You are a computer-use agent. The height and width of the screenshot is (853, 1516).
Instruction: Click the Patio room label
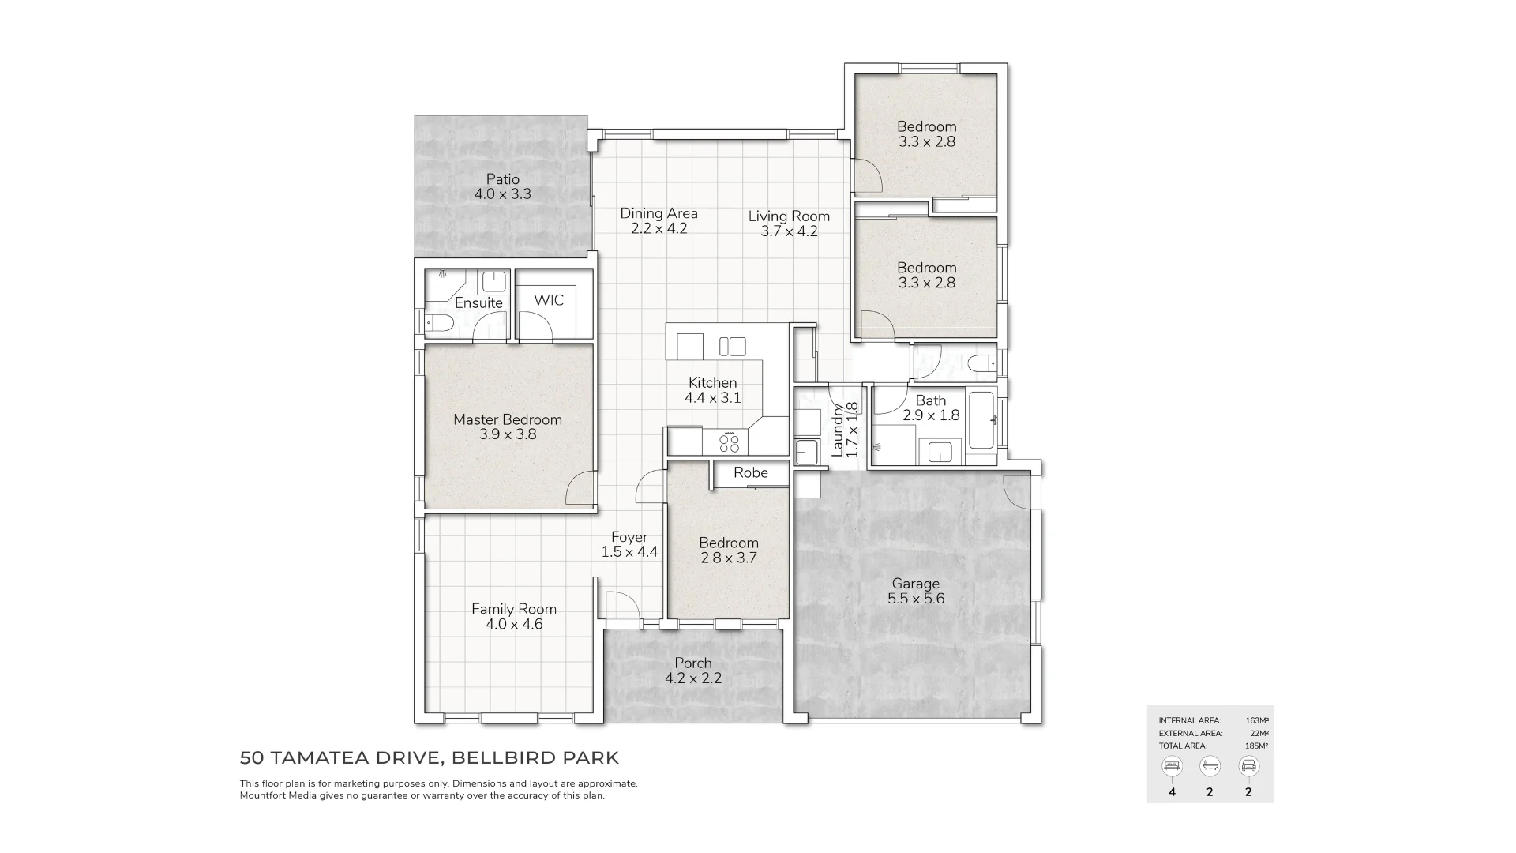pyautogui.click(x=502, y=179)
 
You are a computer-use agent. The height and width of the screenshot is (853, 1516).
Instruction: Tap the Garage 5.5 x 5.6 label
pyautogui.click(x=915, y=591)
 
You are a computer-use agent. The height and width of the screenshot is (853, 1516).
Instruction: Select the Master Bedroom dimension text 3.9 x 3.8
pyautogui.click(x=507, y=434)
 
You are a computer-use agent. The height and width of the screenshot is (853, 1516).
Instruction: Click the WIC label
pyautogui.click(x=549, y=300)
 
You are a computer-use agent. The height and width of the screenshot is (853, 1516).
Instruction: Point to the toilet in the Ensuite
pyautogui.click(x=439, y=322)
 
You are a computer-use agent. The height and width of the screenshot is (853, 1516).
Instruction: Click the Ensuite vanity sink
pyautogui.click(x=493, y=281)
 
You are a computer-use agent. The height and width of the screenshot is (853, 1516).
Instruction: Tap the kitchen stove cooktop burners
pyautogui.click(x=730, y=442)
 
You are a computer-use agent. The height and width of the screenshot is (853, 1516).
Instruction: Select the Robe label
pyautogui.click(x=750, y=472)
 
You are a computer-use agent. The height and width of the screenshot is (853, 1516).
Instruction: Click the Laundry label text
pyautogui.click(x=838, y=430)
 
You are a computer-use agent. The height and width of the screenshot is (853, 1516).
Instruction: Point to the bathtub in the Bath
pyautogui.click(x=981, y=420)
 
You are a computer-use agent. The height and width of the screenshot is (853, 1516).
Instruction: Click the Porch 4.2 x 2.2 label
pyautogui.click(x=692, y=671)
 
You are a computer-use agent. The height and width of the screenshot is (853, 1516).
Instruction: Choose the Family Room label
pyautogui.click(x=514, y=609)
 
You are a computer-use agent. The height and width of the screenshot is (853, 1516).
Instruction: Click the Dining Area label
pyautogui.click(x=659, y=213)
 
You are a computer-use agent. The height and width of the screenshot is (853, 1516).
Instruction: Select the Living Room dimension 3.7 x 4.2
pyautogui.click(x=789, y=231)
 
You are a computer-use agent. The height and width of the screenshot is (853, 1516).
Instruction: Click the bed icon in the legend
pyautogui.click(x=1172, y=766)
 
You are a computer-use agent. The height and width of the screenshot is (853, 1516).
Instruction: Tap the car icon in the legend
pyautogui.click(x=1248, y=766)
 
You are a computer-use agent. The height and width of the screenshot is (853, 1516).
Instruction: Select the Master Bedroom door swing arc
pyautogui.click(x=580, y=488)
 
